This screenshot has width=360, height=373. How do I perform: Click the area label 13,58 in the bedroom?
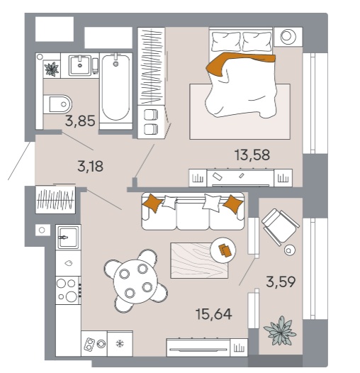[x=252, y=155]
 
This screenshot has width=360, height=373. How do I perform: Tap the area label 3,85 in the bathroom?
[x=80, y=121]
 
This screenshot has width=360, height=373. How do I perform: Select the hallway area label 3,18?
[x=91, y=166]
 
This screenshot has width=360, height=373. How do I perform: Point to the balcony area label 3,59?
[x=281, y=282]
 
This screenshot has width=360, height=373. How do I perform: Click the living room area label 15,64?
[x=213, y=314]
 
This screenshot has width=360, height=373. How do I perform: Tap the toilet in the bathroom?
[x=57, y=104]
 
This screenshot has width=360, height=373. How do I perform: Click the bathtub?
[x=116, y=87]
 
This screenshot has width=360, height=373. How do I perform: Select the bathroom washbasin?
[x=80, y=65]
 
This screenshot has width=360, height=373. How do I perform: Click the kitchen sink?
[x=68, y=238]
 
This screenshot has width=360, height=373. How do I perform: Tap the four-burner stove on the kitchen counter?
[x=69, y=290]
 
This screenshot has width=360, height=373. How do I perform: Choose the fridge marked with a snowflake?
[x=120, y=343]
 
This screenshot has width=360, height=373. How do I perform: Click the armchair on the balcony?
[x=280, y=226]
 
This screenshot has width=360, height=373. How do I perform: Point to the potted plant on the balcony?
[x=280, y=331]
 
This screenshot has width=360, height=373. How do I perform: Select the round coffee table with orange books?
[x=223, y=250]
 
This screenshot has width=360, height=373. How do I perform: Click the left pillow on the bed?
[x=226, y=41]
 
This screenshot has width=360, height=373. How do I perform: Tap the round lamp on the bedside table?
[x=288, y=36]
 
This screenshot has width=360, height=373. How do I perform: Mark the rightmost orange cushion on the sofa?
[x=233, y=204]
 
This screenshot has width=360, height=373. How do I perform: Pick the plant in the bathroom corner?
[x=52, y=69]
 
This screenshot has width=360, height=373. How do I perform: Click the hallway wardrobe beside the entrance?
[x=55, y=199]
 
